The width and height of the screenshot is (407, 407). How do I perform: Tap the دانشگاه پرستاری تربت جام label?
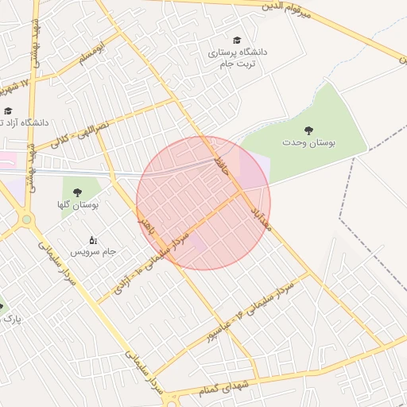[238, 58]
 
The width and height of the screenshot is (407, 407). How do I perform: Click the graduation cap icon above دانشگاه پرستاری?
[237, 40]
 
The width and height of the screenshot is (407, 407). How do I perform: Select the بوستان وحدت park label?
[308, 141]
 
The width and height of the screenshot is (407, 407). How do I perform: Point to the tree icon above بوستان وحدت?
[308, 130]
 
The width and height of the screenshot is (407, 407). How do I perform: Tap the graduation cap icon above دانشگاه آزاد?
[8, 111]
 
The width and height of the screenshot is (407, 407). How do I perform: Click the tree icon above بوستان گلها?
[77, 192]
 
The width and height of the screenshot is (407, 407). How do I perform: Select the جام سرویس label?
[93, 252]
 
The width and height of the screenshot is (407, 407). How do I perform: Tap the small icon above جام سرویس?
[92, 239]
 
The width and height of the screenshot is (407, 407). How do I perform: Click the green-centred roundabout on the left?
[26, 219]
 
